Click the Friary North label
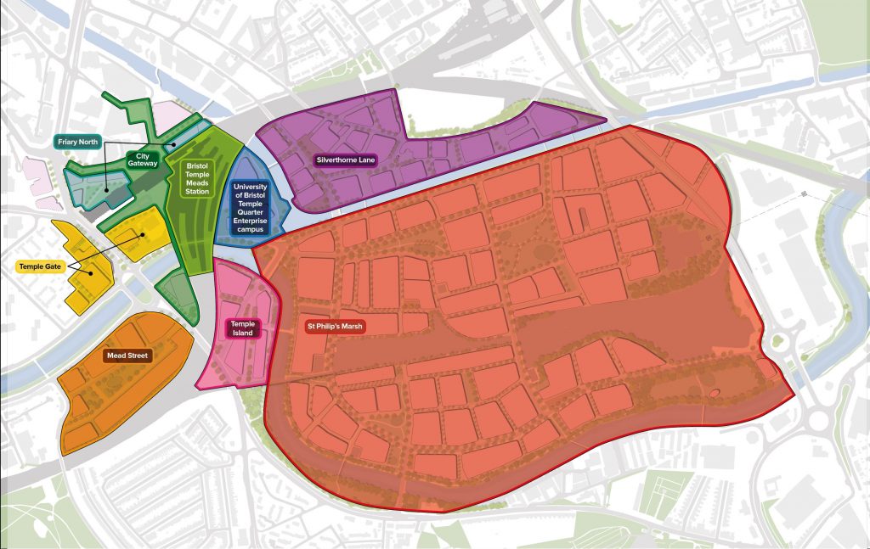(x=78, y=142)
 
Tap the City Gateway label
(x=143, y=160)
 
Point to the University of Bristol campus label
(x=249, y=207)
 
